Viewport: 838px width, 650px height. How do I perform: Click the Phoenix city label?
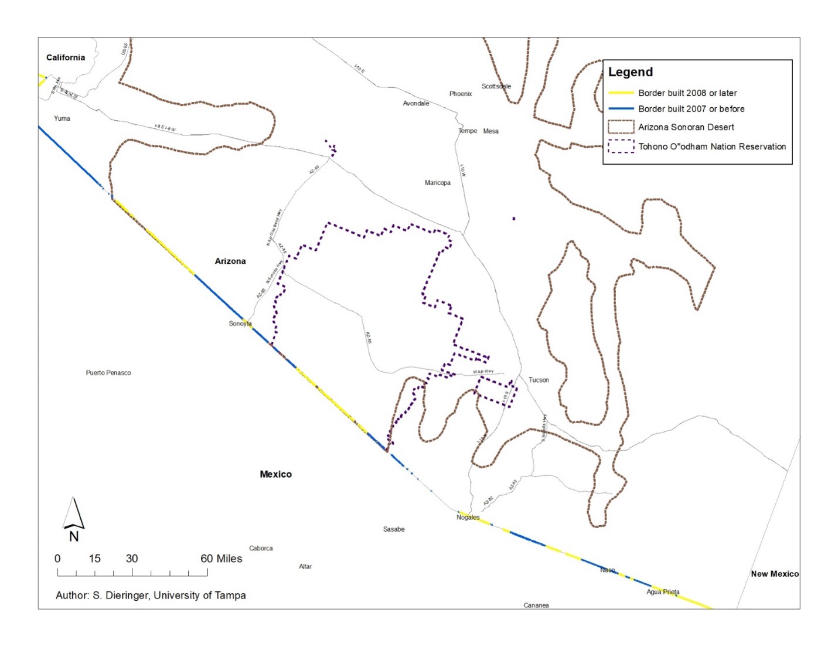click(461, 94)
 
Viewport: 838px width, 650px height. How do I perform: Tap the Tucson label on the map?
click(539, 380)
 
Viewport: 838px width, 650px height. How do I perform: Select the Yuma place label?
click(62, 118)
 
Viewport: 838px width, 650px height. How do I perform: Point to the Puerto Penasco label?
click(108, 373)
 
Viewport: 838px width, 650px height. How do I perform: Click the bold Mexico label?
click(275, 474)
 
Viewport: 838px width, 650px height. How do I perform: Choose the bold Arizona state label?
click(230, 261)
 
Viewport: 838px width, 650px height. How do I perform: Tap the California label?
click(66, 57)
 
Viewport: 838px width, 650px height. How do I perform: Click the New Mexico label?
click(775, 574)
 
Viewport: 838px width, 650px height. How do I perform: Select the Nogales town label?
click(468, 518)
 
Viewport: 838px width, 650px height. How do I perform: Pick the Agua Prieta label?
click(663, 592)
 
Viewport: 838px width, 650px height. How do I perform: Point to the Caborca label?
click(261, 549)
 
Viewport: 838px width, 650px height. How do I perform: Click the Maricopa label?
click(437, 183)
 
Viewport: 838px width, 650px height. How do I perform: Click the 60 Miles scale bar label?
click(221, 559)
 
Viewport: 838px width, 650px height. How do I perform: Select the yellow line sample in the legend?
click(621, 93)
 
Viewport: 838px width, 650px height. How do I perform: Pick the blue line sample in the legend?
click(621, 108)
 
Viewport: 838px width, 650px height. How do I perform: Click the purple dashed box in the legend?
click(621, 146)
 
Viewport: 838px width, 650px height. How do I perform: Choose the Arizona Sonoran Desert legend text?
click(686, 127)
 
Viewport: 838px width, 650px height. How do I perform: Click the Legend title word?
click(630, 72)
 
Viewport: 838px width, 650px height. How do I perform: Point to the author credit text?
click(151, 595)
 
